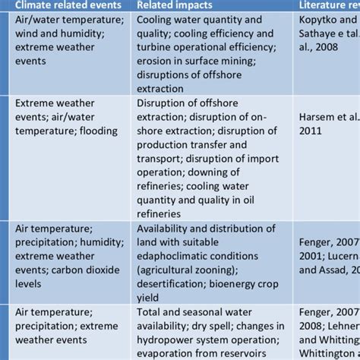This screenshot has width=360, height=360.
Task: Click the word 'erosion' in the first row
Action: [159, 63]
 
